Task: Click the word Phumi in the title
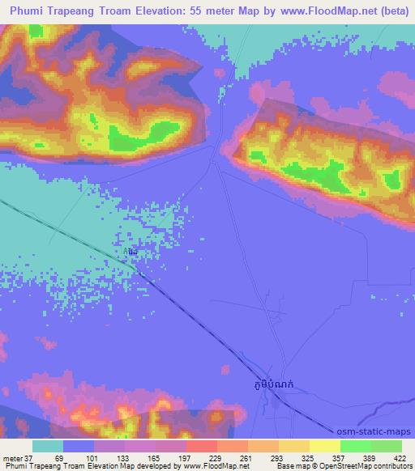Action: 30,12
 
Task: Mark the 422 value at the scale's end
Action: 401,457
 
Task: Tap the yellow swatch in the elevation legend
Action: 325,446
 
